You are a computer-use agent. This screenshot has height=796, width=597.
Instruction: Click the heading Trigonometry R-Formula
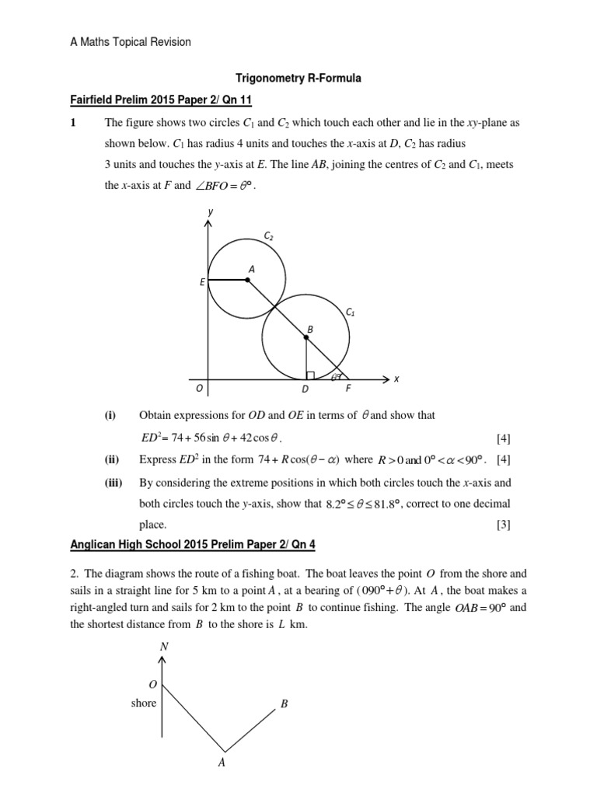(x=298, y=79)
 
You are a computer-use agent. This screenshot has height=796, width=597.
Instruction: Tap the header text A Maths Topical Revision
(x=130, y=42)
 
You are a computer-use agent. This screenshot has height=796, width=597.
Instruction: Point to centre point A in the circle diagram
(x=248, y=280)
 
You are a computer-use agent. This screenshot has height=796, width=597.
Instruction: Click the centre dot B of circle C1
(x=305, y=337)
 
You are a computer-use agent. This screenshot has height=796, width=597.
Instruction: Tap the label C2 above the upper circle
(x=269, y=236)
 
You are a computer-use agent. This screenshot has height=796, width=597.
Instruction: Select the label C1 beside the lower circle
(x=350, y=312)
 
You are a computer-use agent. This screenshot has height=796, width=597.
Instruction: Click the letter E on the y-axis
(x=202, y=282)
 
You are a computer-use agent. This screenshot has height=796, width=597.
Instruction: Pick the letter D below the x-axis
(x=305, y=389)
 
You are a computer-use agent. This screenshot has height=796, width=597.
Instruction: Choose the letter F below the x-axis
(x=347, y=389)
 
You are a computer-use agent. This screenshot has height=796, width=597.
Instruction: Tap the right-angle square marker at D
(x=309, y=375)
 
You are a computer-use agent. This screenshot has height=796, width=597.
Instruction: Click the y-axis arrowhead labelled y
(x=208, y=223)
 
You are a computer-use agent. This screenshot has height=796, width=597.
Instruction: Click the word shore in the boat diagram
(x=144, y=703)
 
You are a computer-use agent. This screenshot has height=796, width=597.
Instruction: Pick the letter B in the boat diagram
(x=285, y=705)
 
